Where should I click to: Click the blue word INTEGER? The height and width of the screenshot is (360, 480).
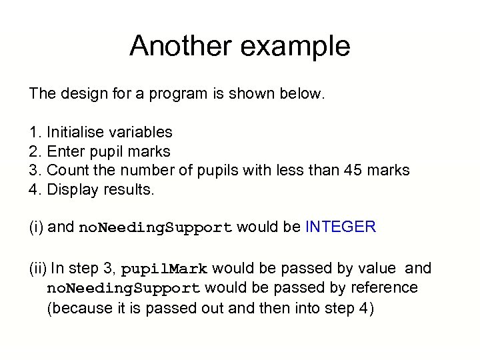pyautogui.click(x=341, y=227)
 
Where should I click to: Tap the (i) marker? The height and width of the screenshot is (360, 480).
pyautogui.click(x=36, y=227)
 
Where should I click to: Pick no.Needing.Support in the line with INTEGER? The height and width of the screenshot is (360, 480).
pyautogui.click(x=156, y=228)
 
